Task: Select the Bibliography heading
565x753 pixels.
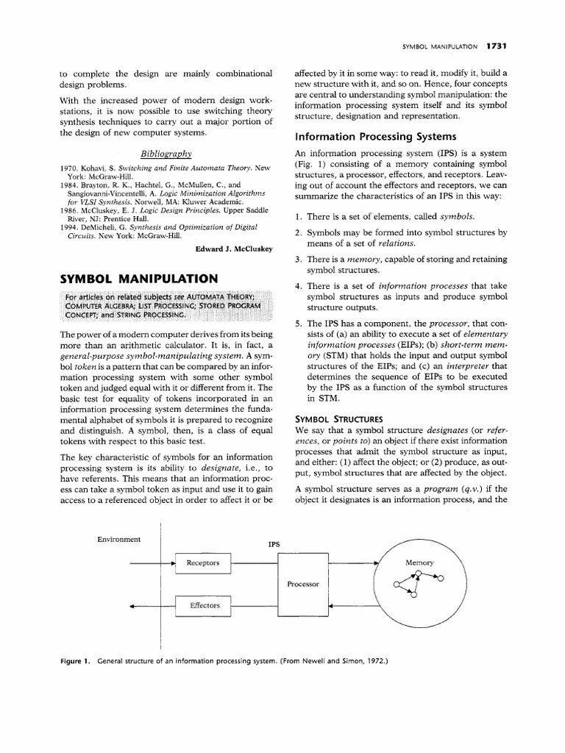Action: pyautogui.click(x=166, y=153)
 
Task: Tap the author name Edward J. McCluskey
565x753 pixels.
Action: pyautogui.click(x=234, y=249)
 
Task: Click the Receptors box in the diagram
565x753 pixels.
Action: pyautogui.click(x=202, y=563)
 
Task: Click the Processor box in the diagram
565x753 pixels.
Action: pyautogui.click(x=303, y=584)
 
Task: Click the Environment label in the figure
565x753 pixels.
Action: pyautogui.click(x=119, y=539)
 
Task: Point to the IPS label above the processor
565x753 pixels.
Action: pyautogui.click(x=274, y=545)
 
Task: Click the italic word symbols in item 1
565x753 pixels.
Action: pyautogui.click(x=457, y=216)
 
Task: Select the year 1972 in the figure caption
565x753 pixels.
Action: pyautogui.click(x=374, y=660)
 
